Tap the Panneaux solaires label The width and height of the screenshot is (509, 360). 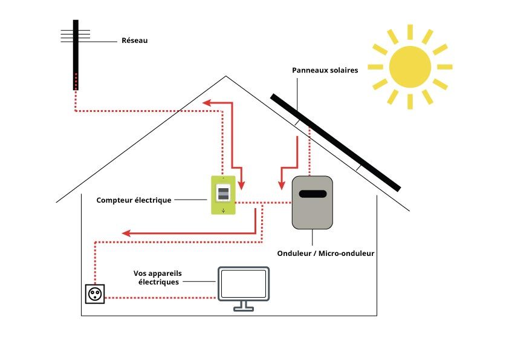point(325,70)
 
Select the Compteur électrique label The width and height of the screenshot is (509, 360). point(134,200)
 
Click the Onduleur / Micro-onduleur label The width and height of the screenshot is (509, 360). point(325,253)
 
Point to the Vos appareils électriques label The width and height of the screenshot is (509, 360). point(156,278)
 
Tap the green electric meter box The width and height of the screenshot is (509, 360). point(223,195)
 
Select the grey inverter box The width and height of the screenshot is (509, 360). point(312,203)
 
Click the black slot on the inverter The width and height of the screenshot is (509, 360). point(313,194)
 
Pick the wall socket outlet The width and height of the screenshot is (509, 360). point(95,294)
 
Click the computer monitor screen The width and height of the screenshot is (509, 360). point(244,284)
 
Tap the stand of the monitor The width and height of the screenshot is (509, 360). point(244,306)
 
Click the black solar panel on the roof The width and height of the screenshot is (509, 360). point(336,143)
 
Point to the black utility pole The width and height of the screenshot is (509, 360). point(76,54)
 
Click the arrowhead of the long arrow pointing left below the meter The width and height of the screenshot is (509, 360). point(126,233)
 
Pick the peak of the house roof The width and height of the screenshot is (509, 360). point(226,77)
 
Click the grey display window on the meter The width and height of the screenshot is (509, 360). point(223,194)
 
